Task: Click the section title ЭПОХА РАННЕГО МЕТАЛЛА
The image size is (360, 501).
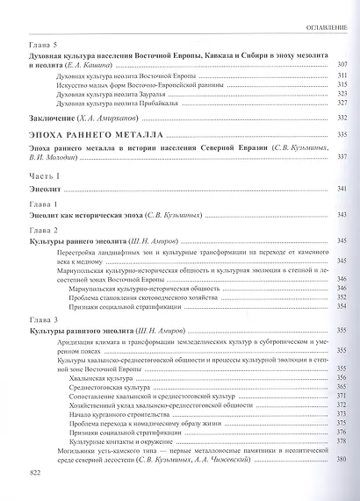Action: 92,134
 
